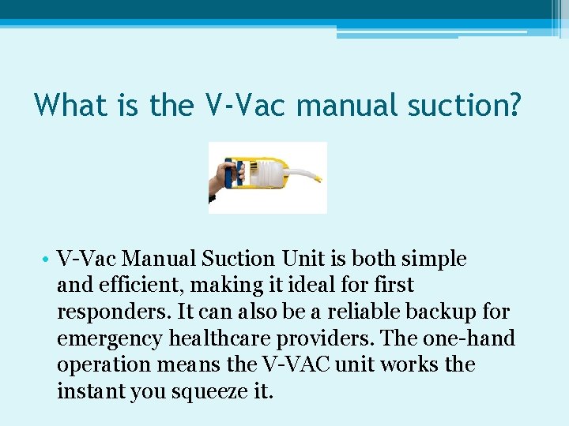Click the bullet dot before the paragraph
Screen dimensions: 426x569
click(48, 260)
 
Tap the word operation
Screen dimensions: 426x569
click(100, 365)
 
